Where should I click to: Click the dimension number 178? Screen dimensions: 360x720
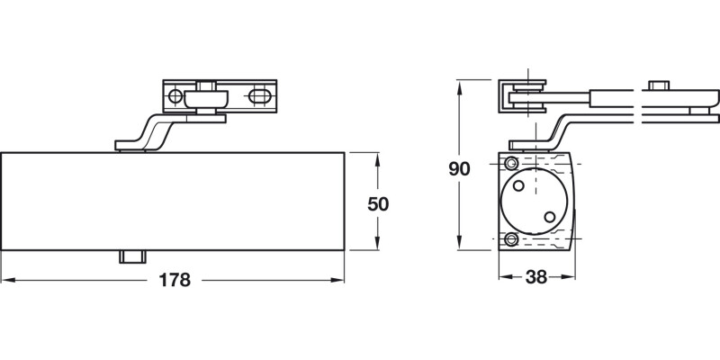coord(175,280)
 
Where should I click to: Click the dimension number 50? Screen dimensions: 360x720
coord(379,204)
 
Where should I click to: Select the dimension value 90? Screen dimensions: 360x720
coord(459,168)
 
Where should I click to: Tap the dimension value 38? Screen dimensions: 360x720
coord(536,279)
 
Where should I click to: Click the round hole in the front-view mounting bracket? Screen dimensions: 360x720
coord(176,94)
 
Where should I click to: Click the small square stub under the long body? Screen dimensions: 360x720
coord(132,256)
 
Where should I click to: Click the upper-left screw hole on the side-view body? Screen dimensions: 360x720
coord(511,163)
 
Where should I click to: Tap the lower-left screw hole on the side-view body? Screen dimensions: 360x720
coord(511,239)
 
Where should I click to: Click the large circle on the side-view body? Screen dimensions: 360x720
coord(535,201)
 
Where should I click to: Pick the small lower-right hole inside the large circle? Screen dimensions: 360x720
coord(549,216)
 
